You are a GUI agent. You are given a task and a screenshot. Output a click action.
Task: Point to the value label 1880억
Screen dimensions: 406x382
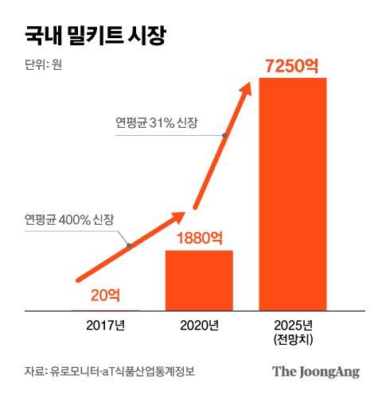199,238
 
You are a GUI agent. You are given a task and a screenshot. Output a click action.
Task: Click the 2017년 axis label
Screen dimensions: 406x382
105,324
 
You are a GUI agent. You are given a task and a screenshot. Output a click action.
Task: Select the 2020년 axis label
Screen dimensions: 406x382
198,324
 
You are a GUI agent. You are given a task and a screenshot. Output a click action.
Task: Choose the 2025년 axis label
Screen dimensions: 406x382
292,324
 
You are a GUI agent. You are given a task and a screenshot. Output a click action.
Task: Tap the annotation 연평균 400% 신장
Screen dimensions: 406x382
69,219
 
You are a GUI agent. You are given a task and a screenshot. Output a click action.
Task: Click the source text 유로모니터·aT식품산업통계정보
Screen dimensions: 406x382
122,371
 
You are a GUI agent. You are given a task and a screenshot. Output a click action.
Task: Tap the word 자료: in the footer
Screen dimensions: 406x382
35,371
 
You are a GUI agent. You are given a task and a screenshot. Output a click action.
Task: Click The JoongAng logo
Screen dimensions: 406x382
315,371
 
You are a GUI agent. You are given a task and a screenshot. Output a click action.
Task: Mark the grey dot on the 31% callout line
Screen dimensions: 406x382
225,136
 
